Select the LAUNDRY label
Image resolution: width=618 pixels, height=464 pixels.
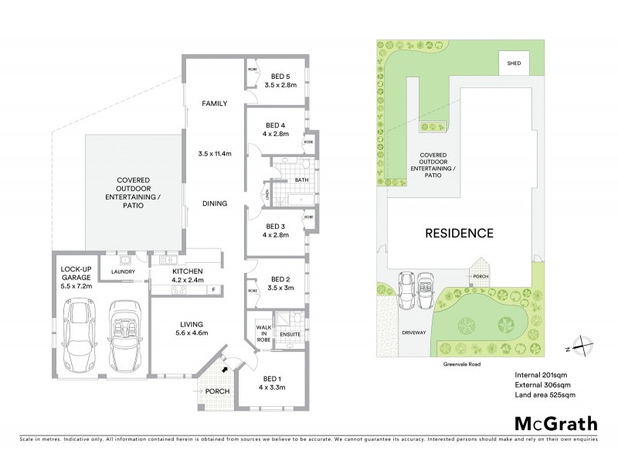click(x=124, y=272)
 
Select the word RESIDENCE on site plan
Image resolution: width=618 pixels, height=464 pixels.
click(x=458, y=233)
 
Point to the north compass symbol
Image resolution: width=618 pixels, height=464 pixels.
click(x=581, y=346)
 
